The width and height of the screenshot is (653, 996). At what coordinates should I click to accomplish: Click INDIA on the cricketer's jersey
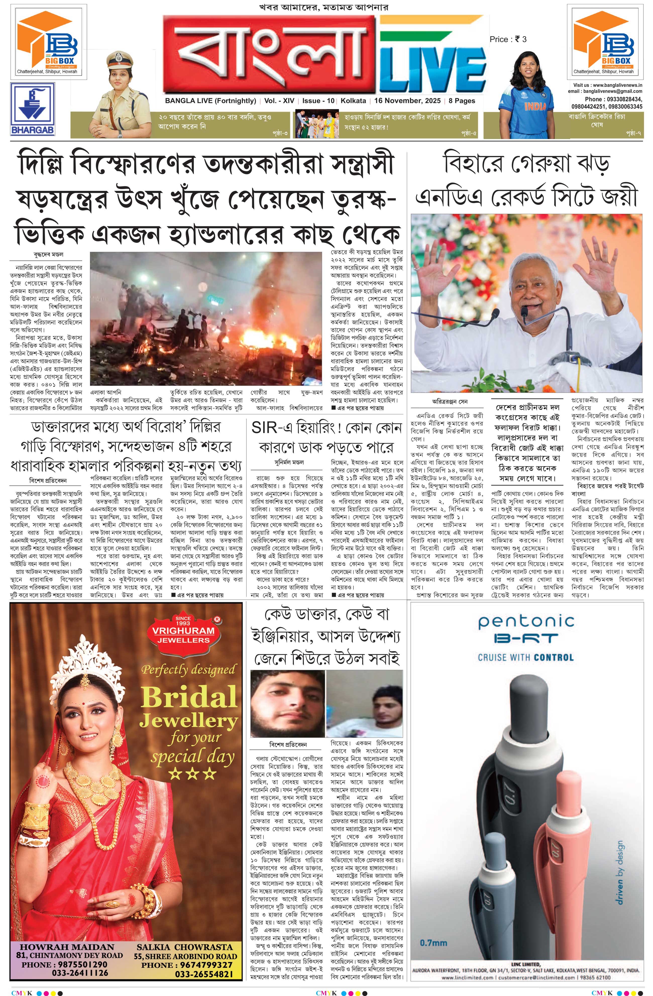tap(535, 106)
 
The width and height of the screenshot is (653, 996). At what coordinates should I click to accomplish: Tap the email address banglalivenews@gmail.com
tap(605, 91)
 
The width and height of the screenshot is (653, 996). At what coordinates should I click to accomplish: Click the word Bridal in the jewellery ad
tap(188, 697)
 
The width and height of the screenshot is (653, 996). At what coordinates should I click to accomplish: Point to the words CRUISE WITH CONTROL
tap(525, 657)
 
